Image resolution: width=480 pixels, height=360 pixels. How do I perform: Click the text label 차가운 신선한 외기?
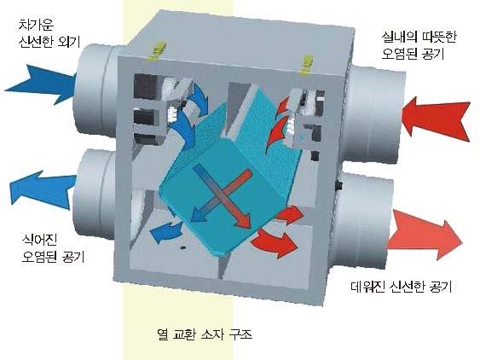[49, 33]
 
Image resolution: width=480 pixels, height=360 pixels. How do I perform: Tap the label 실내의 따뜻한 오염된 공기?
[418, 45]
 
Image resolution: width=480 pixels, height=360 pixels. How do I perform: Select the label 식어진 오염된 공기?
[53, 248]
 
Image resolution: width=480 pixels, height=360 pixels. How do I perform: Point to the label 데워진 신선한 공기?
[401, 287]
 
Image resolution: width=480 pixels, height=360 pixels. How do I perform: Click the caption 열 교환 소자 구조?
[204, 334]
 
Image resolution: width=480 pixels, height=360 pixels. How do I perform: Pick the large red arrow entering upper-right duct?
[437, 119]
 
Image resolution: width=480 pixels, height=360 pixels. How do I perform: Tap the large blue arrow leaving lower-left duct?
[43, 190]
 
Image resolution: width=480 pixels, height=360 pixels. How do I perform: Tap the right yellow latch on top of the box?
[307, 65]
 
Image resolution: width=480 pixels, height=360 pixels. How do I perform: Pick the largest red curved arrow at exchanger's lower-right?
[275, 242]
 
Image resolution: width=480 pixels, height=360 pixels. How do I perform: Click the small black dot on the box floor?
[183, 247]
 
